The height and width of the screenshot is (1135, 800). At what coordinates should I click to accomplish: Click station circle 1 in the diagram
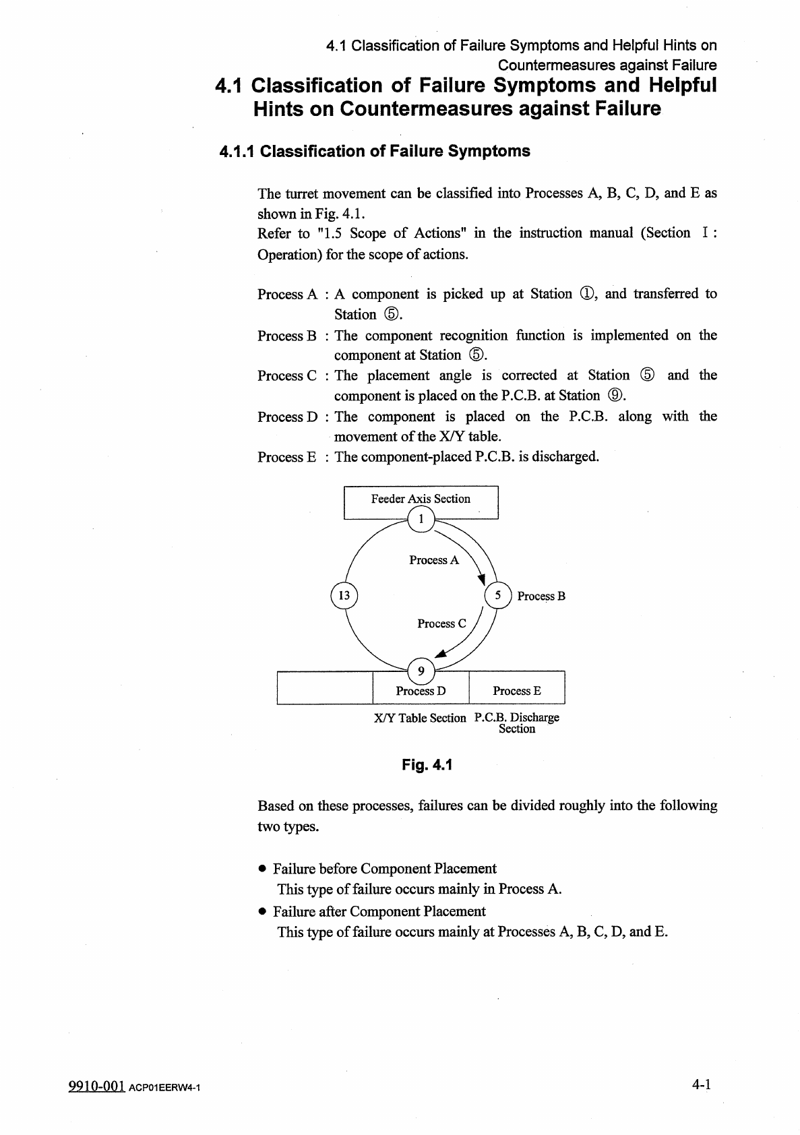pyautogui.click(x=421, y=519)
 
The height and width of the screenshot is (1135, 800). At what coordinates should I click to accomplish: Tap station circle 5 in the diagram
pyautogui.click(x=498, y=595)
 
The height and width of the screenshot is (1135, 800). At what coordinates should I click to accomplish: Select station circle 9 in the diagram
pyautogui.click(x=421, y=671)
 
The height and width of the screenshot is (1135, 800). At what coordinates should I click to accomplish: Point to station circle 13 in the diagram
pyautogui.click(x=344, y=595)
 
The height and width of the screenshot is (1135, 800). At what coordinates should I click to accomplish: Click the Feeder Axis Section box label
pyautogui.click(x=421, y=499)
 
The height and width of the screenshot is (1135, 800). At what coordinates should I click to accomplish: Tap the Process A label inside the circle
pyautogui.click(x=434, y=560)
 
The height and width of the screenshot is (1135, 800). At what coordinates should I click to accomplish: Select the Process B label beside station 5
pyautogui.click(x=541, y=596)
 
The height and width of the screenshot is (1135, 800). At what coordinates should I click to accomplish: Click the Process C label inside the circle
pyautogui.click(x=441, y=624)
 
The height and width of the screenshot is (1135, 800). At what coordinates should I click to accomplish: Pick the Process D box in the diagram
pyautogui.click(x=421, y=691)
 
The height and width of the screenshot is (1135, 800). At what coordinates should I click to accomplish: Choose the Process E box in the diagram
pyautogui.click(x=517, y=691)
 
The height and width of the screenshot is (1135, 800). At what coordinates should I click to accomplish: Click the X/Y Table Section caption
pyautogui.click(x=420, y=718)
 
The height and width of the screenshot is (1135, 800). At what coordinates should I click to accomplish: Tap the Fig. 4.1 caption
pyautogui.click(x=427, y=765)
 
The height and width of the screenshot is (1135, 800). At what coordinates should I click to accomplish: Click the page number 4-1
pyautogui.click(x=702, y=1084)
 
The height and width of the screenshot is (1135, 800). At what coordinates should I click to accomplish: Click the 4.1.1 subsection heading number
pyautogui.click(x=237, y=152)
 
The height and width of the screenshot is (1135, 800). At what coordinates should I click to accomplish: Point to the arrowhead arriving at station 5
pyautogui.click(x=482, y=579)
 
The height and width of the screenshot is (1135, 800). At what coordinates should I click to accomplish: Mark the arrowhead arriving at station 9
pyautogui.click(x=441, y=652)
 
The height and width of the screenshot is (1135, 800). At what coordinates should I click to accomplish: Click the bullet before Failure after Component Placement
pyautogui.click(x=263, y=912)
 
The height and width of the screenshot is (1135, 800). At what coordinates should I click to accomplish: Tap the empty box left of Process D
pyautogui.click(x=325, y=688)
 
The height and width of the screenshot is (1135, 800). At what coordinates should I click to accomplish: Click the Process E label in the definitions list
pyautogui.click(x=286, y=458)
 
